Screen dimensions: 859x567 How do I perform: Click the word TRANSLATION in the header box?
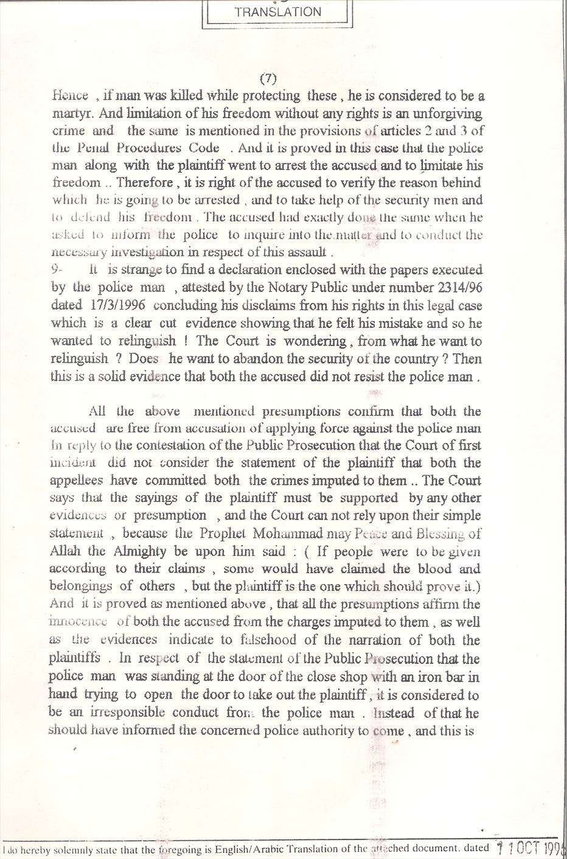coord(277,12)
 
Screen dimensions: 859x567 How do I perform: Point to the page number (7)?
coord(268,78)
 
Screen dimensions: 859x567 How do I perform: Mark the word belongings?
coord(81,586)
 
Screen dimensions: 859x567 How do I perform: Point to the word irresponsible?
coord(116,713)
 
